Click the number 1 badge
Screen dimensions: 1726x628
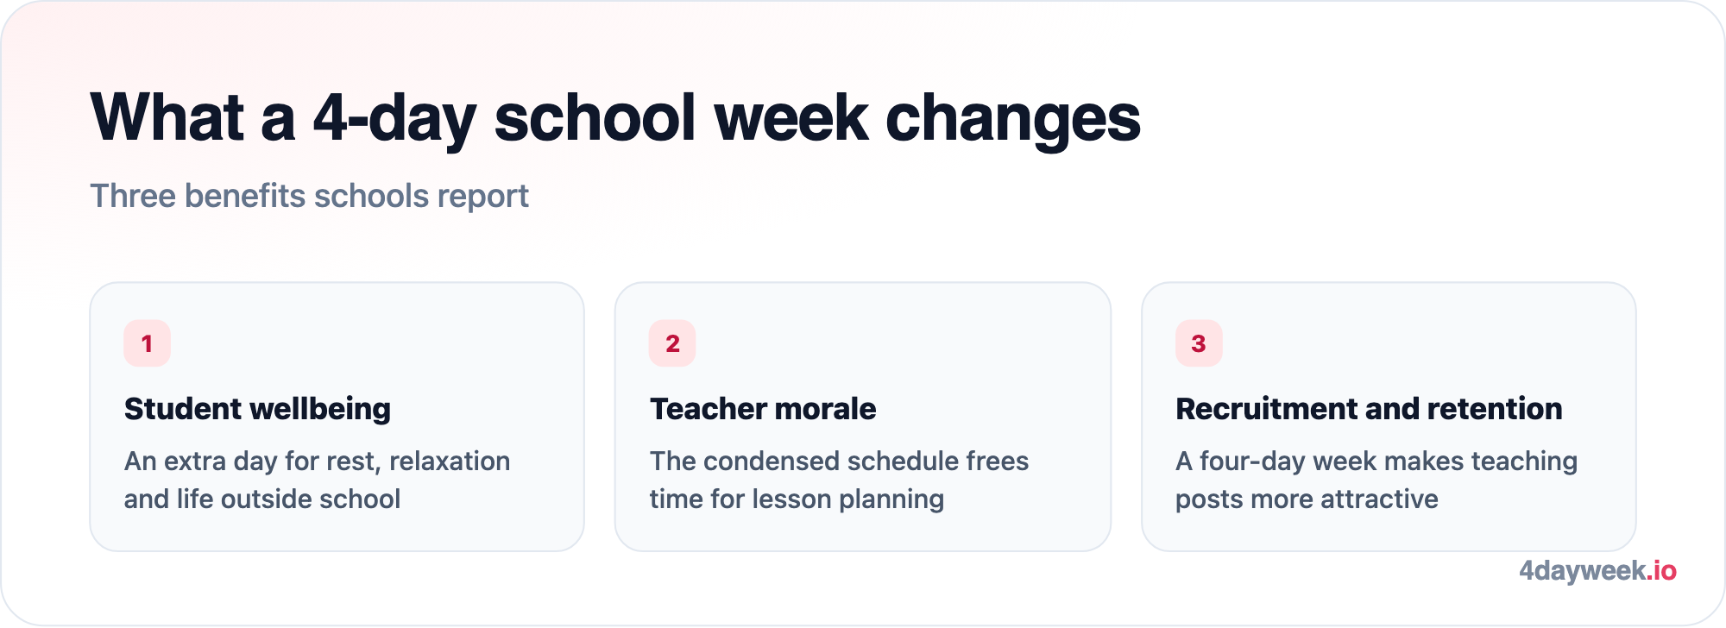[x=147, y=343]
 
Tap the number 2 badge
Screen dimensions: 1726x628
[x=672, y=343]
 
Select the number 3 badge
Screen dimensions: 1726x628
[x=1199, y=343]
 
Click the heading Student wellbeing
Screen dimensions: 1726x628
[x=257, y=409]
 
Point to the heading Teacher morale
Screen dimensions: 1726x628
[x=763, y=409]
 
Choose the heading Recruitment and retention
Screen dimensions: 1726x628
[x=1369, y=409]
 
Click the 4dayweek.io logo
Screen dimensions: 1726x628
[x=1597, y=571]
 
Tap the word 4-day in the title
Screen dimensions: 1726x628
[x=394, y=119]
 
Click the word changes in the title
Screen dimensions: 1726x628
[x=1013, y=119]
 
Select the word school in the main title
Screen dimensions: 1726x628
[x=595, y=117]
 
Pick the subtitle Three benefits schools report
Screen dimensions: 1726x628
[x=309, y=197]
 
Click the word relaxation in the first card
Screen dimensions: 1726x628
[x=450, y=462]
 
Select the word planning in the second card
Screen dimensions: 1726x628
[x=891, y=500]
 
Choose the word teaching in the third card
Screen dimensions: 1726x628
[x=1524, y=462]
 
